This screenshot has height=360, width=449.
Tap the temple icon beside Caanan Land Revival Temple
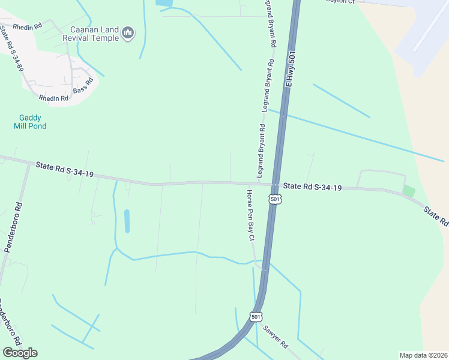pyautogui.click(x=127, y=34)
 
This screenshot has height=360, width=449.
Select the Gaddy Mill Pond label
pyautogui.click(x=30, y=122)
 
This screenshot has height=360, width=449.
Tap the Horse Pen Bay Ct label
pyautogui.click(x=250, y=215)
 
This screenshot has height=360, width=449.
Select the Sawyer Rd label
pyautogui.click(x=276, y=337)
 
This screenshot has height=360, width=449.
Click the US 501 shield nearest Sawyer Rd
pyautogui.click(x=256, y=316)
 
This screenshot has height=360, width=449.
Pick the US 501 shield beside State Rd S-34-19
pyautogui.click(x=274, y=199)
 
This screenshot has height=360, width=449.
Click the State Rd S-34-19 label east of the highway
pyautogui.click(x=312, y=187)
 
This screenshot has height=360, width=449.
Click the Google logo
pyautogui.click(x=20, y=352)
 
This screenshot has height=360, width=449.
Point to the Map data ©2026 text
pyautogui.click(x=423, y=355)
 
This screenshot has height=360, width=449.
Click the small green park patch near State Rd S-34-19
pyautogui.click(x=409, y=191)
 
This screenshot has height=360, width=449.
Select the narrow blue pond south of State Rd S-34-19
pyautogui.click(x=126, y=221)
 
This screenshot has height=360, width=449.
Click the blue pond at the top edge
pyautogui.click(x=163, y=3)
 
